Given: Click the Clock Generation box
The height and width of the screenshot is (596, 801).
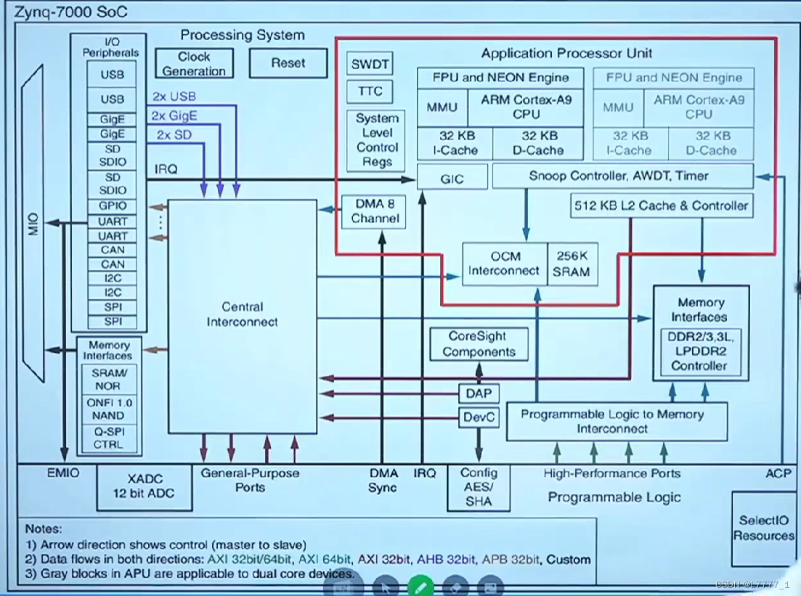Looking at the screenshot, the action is point(194,63).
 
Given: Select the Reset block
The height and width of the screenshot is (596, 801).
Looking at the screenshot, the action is point(288,63).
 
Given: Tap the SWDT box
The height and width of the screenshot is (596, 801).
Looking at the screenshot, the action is point(370,64).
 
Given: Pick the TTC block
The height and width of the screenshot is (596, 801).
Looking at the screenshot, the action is point(370,91).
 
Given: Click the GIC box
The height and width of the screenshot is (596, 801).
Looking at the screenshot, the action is point(452,179).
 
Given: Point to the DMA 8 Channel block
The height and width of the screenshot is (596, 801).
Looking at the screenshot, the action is point(374,211).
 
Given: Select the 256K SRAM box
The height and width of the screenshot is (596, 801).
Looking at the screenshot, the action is point(572,264).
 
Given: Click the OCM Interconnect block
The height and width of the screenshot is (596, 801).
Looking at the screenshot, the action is point(504,264).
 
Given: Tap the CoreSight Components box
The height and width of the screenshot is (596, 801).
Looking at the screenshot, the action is point(479,344).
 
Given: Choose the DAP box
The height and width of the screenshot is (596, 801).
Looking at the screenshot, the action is point(479,393).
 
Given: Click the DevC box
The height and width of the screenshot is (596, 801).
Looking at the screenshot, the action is point(479,417).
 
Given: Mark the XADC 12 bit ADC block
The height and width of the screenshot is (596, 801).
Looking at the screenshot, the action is point(145,486).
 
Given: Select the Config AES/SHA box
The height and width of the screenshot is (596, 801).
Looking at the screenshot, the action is point(479,487).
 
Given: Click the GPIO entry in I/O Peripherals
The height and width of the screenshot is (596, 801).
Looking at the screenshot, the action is point(112,206).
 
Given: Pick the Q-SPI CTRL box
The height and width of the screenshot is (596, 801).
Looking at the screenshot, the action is point(109,438).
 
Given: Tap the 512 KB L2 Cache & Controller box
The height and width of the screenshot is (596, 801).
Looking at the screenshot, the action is point(662,206).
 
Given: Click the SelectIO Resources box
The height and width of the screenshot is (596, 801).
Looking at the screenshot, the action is point(764,528).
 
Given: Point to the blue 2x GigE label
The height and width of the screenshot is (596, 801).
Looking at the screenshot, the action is point(174,116).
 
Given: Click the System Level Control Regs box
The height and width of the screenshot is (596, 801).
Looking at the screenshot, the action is point(376,140).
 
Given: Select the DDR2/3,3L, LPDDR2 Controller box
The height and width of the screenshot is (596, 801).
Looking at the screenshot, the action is point(699,351).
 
